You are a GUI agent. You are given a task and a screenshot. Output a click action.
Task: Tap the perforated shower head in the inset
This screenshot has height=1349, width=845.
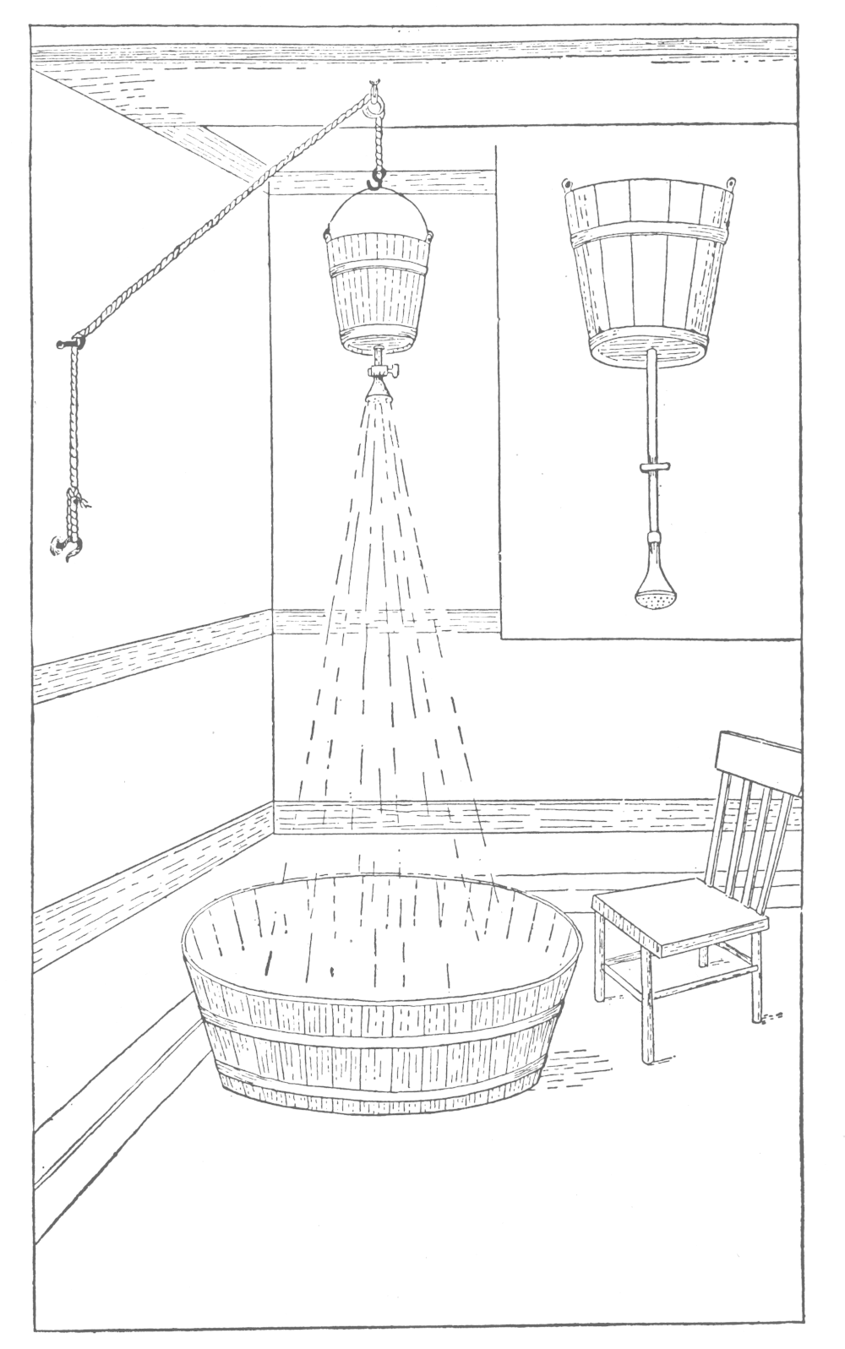651,593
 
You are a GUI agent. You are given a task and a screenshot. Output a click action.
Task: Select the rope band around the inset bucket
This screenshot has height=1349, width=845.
648,235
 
